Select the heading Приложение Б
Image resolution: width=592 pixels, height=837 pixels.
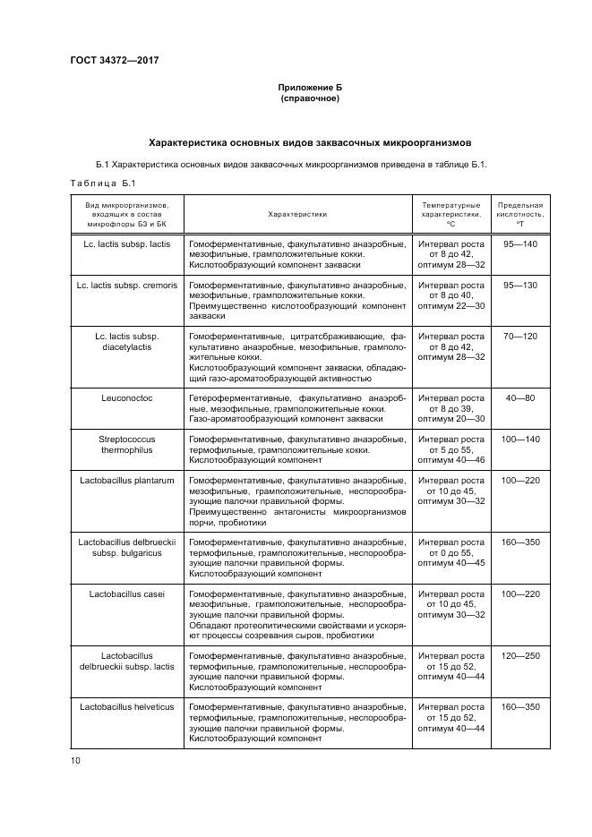pos(310,88)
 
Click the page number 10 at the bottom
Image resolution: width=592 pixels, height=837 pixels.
pos(75,761)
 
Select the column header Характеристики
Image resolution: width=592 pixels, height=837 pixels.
pos(297,214)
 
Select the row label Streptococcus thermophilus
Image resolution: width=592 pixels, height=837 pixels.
pos(126,444)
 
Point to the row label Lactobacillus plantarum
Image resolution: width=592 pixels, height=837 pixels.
pos(126,481)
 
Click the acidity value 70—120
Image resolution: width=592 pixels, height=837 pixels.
pos(519,336)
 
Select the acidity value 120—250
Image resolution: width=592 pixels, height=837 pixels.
pos(519,656)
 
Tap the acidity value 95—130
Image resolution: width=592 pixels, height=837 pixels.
pos(519,285)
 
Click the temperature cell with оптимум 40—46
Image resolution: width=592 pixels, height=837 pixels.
pos(450,449)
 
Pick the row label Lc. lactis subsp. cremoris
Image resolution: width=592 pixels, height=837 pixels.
pos(126,285)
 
